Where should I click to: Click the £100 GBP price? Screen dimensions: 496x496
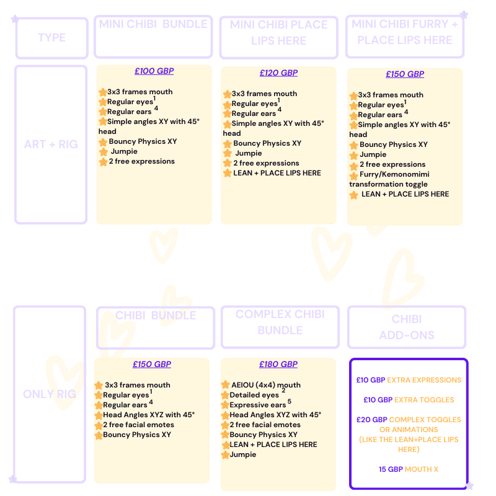[154, 71]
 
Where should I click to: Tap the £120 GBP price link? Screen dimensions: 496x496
[278, 73]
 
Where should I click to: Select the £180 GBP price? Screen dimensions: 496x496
[278, 365]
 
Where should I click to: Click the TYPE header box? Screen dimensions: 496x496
[51, 38]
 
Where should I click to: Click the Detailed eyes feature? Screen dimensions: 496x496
[254, 395]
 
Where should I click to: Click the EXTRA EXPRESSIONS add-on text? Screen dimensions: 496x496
[424, 380]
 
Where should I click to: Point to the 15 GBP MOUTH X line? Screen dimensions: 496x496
[409, 469]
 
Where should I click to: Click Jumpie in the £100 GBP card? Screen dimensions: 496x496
[124, 151]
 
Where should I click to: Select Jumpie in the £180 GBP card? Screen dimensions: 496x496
[242, 454]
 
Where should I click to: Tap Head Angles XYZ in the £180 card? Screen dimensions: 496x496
[273, 415]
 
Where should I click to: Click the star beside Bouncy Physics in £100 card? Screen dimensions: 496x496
[103, 142]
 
